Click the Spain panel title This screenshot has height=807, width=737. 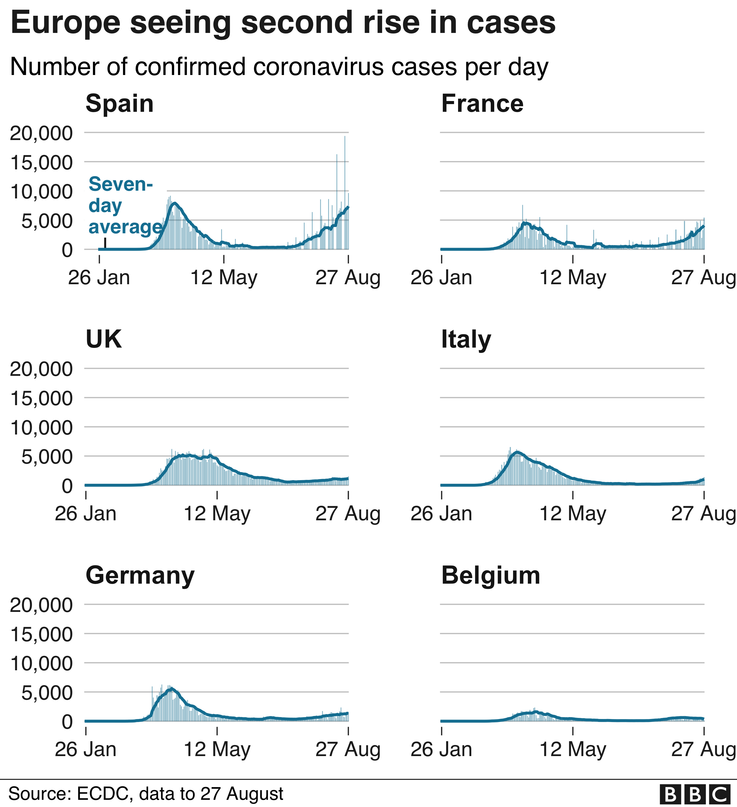(x=120, y=104)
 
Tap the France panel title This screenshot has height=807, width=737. (x=482, y=104)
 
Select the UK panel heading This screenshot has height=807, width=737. (x=104, y=340)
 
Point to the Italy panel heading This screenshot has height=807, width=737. (x=466, y=340)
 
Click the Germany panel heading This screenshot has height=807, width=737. (x=140, y=575)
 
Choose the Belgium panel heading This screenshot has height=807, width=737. (x=491, y=575)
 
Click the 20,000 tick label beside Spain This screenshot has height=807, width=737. (x=41, y=133)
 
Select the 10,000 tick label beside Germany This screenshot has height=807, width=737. (x=41, y=664)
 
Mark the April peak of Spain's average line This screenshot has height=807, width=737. (x=174, y=203)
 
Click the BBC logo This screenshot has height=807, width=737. (x=698, y=795)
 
